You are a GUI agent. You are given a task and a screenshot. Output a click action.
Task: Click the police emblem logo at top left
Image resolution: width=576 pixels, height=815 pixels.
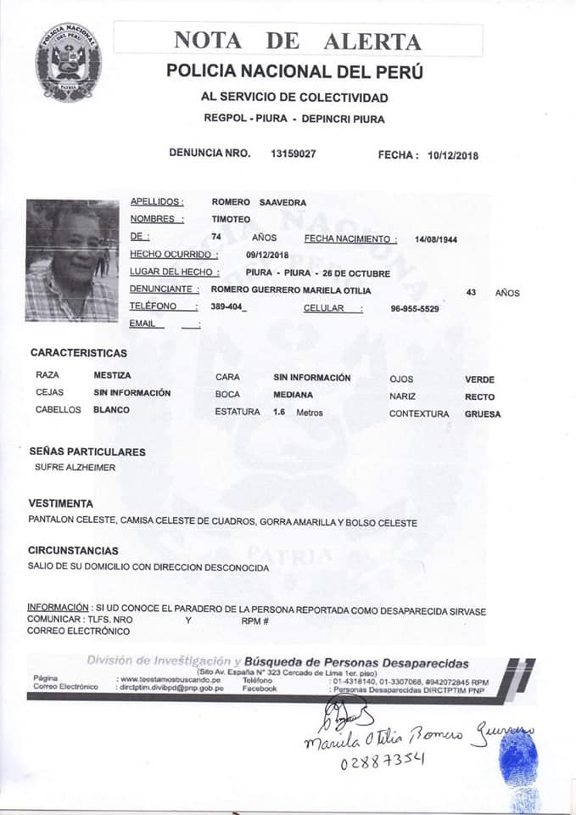point(68,62)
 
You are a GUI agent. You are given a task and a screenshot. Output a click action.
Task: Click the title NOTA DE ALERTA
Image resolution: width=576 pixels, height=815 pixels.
point(297,40)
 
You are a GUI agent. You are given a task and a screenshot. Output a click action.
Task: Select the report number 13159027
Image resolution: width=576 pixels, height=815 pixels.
point(294,154)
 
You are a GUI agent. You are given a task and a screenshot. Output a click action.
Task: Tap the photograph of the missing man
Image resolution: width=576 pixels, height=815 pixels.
point(72,261)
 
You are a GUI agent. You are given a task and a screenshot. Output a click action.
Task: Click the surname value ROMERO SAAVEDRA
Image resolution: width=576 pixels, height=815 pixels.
point(259,202)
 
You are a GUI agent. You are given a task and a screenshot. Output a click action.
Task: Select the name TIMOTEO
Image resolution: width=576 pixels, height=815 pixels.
point(230,219)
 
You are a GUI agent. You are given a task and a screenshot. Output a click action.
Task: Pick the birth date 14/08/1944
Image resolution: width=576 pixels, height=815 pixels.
point(436,239)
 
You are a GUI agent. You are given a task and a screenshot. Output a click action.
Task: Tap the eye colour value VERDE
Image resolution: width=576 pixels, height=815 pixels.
point(479,379)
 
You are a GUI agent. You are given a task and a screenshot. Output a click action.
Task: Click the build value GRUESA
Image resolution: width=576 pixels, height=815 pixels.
point(483,414)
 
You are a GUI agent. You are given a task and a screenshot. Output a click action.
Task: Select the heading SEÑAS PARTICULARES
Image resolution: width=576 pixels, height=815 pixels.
point(87,452)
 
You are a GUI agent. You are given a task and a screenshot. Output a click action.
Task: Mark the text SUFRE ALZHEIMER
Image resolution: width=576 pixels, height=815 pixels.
point(75,468)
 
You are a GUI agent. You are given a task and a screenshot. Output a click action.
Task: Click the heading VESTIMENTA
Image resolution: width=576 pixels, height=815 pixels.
point(61,503)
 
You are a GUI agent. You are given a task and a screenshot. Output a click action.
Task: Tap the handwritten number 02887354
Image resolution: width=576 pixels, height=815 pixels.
point(383,762)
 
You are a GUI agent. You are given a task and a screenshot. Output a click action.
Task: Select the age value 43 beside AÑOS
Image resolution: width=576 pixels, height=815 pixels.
point(472,292)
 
